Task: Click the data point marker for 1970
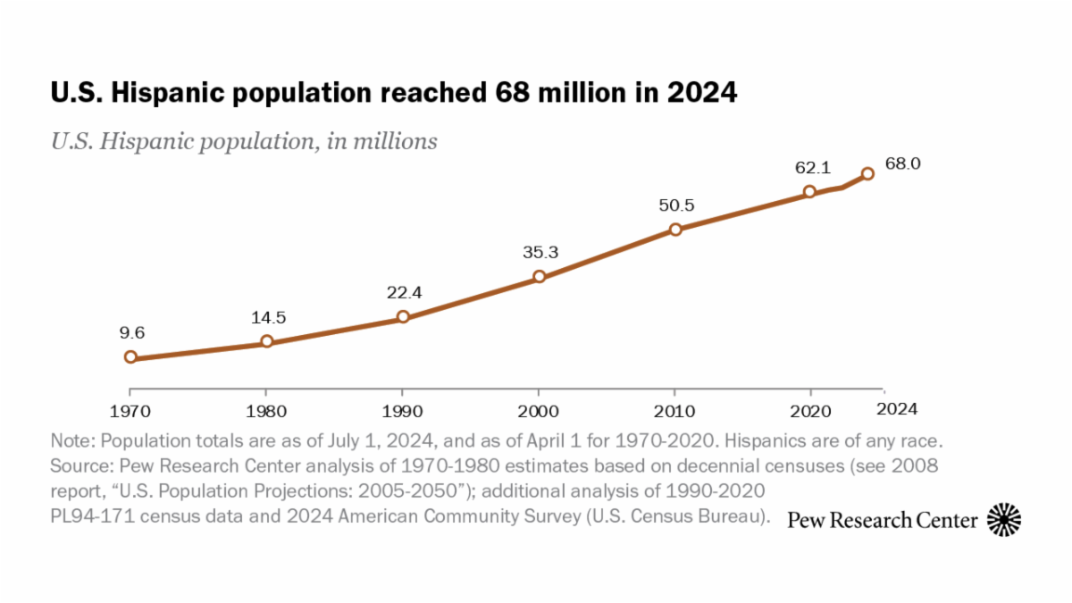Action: [x=130, y=357]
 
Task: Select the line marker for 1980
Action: [x=266, y=341]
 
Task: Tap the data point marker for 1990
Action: [x=403, y=316]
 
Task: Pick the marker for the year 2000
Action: [x=540, y=277]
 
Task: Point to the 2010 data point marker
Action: [x=675, y=229]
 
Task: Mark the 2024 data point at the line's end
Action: [x=867, y=173]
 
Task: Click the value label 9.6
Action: [x=132, y=333]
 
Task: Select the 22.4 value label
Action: [x=404, y=292]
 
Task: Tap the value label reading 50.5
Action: [x=676, y=205]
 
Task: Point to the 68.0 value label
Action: [x=903, y=163]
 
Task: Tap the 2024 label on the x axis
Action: [x=896, y=408]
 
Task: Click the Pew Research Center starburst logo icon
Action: [x=1003, y=519]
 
